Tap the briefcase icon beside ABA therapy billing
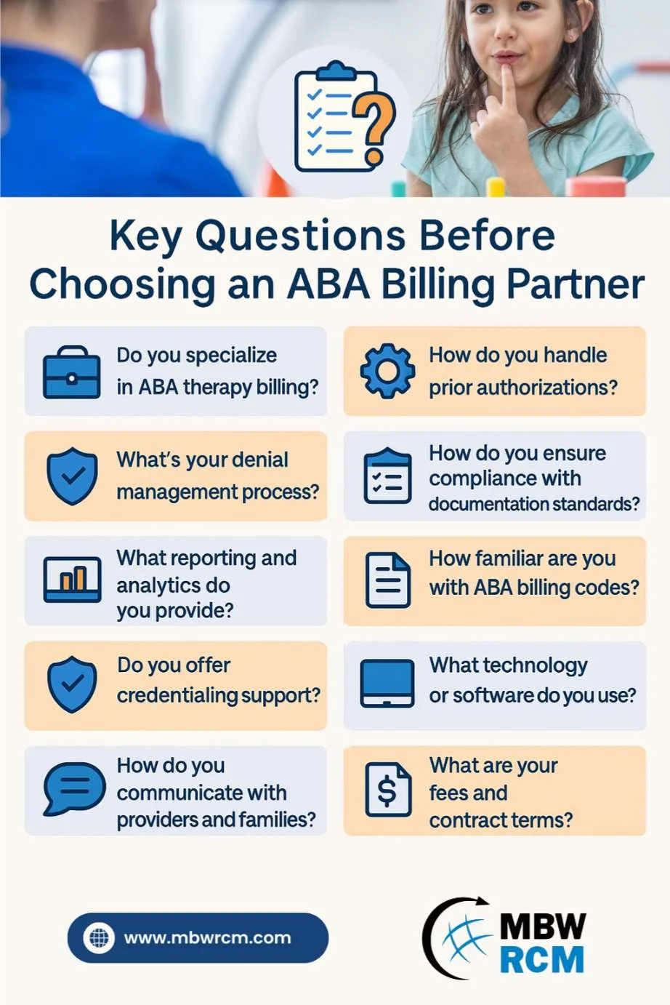[x=71, y=372]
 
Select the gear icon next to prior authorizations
[x=387, y=371]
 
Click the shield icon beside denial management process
[x=72, y=476]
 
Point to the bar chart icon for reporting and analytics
[x=72, y=580]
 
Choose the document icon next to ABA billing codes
[x=387, y=580]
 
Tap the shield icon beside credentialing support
[x=72, y=684]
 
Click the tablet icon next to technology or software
[x=387, y=684]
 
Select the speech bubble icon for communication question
[x=74, y=788]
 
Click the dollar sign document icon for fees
[x=388, y=789]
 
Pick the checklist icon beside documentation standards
[x=387, y=476]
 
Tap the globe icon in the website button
[x=99, y=937]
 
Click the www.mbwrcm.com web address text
[x=208, y=937]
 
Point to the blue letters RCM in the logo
[x=541, y=958]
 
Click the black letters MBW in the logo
[x=543, y=925]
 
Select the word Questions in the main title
[x=300, y=236]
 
